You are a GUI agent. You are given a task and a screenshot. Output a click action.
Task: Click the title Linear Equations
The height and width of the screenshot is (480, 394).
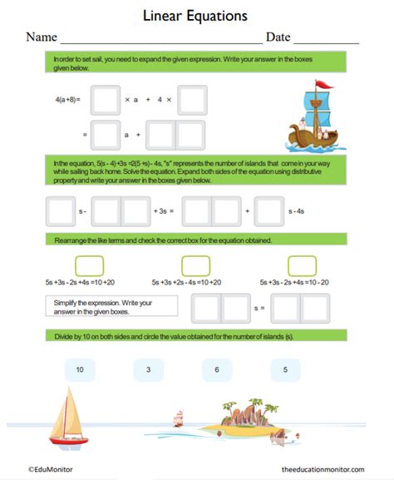pyautogui.click(x=196, y=15)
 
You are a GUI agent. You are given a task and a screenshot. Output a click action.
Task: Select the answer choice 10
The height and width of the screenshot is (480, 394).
pyautogui.click(x=80, y=369)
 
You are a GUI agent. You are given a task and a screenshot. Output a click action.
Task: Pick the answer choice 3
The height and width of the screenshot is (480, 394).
pyautogui.click(x=148, y=369)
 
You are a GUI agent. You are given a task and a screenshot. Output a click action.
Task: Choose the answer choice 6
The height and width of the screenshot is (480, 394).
pyautogui.click(x=217, y=369)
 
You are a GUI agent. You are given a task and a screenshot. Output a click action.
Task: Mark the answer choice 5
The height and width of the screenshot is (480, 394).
pyautogui.click(x=285, y=369)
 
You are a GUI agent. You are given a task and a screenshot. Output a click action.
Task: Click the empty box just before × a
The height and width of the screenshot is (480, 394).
pyautogui.click(x=106, y=100)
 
